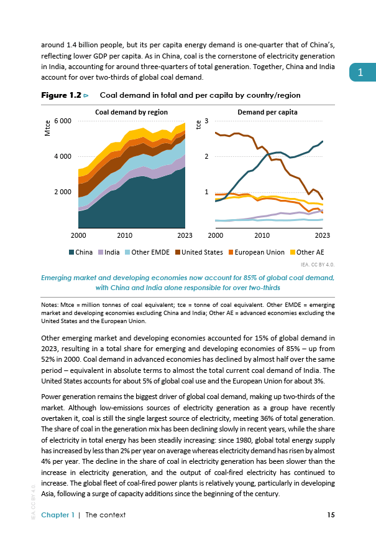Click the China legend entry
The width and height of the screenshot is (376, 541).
point(81,252)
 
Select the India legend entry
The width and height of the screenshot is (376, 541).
point(109,252)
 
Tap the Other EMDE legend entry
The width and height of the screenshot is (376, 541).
point(147,252)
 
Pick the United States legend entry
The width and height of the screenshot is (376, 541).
point(199,252)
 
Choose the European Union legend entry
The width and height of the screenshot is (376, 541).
point(257,252)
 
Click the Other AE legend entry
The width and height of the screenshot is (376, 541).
point(307,252)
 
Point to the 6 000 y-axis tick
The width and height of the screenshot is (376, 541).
point(63,121)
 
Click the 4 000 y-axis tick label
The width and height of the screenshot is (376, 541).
point(63,156)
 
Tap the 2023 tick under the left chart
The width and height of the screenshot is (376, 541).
point(185,235)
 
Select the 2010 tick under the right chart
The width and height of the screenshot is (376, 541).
point(262,235)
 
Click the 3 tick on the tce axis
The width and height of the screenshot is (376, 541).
point(206,121)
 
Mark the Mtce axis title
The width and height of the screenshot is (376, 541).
point(47,128)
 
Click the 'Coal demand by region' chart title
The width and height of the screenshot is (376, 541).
point(132,112)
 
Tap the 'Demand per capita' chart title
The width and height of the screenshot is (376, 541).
point(267,112)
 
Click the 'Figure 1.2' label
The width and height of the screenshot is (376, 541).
point(62,95)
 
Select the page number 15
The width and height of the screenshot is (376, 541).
point(331,515)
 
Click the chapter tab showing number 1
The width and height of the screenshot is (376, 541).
point(362,72)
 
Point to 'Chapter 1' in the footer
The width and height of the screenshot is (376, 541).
point(58,515)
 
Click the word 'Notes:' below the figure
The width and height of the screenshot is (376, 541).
point(50,305)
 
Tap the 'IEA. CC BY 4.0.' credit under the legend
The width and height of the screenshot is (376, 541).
point(318,265)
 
